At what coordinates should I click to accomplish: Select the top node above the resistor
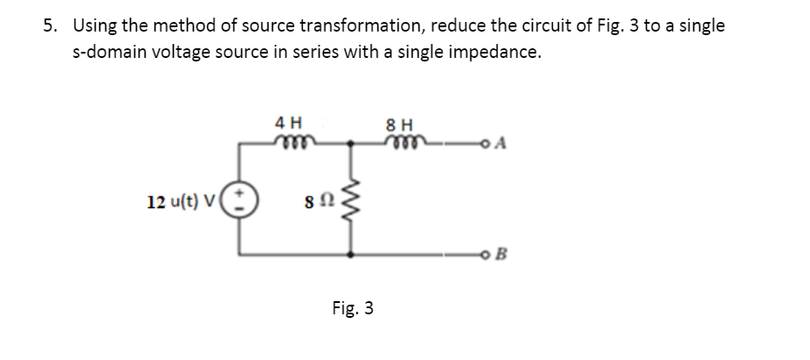point(351,140)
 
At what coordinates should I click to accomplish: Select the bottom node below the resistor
point(351,255)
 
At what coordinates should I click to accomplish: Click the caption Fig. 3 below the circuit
point(353,308)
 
